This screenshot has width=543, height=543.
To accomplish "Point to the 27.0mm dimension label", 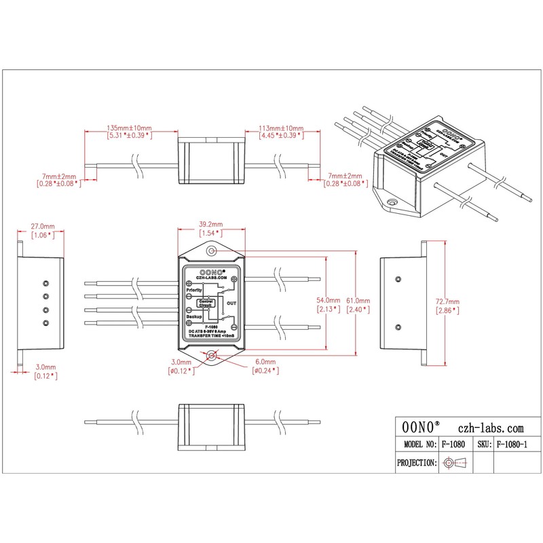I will click(x=42, y=226).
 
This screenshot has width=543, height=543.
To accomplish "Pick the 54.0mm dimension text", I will click(x=328, y=299).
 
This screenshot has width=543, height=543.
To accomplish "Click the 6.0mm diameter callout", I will click(x=266, y=362).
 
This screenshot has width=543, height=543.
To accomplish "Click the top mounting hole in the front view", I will click(x=211, y=251).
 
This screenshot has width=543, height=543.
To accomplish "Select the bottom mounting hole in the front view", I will click(x=211, y=355).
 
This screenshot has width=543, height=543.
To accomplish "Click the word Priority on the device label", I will click(x=194, y=290).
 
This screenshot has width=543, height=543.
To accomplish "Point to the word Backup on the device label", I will click(x=193, y=316).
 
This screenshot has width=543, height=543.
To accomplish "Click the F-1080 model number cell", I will click(x=453, y=445).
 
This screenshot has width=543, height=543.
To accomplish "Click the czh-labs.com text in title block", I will click(x=491, y=428).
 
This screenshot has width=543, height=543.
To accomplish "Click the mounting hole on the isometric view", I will click(x=392, y=202).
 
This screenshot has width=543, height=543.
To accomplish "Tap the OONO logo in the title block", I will click(x=421, y=428).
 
